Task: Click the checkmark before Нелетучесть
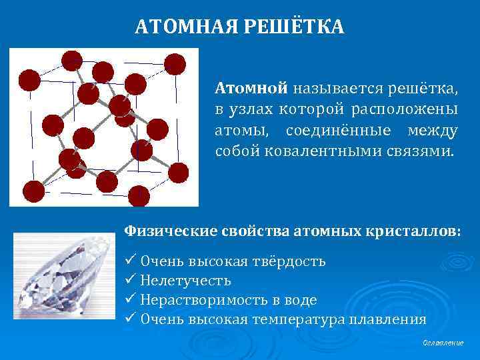[130, 280]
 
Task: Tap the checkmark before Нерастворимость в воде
[130, 299]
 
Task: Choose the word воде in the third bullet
[301, 299]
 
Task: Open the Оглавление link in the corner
[443, 343]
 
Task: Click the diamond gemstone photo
[63, 277]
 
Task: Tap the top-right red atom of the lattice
[175, 63]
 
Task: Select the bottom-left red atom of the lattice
[33, 191]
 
